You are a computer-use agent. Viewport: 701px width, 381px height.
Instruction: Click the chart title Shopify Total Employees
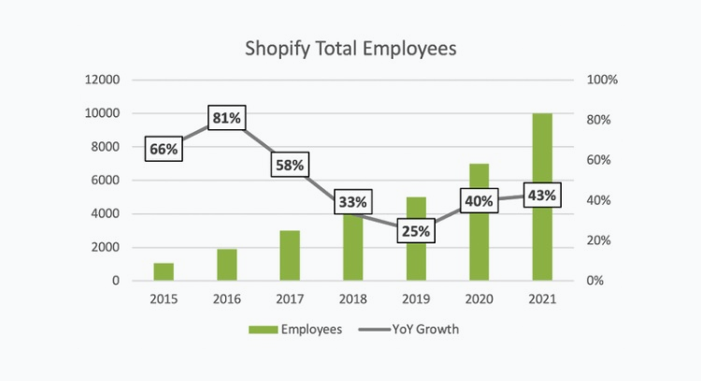pos(350,48)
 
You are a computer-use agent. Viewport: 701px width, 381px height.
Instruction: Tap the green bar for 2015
pos(164,271)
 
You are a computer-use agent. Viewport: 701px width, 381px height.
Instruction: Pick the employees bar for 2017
pos(290,256)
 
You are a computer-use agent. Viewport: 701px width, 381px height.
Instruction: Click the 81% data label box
pos(226,119)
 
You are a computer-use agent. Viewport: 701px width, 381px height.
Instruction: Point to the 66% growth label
pos(164,149)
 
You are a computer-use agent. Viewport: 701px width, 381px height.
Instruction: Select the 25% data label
pos(416,231)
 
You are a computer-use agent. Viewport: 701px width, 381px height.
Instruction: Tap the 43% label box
pos(542,196)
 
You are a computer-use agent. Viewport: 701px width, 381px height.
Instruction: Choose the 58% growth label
pos(290,165)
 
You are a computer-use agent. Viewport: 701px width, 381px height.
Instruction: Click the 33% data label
pos(353,201)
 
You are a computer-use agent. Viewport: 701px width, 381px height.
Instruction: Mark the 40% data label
pos(479,200)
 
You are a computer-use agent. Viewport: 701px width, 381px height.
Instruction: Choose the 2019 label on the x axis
pos(416,299)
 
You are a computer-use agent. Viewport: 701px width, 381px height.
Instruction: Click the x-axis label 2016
pos(226,299)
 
